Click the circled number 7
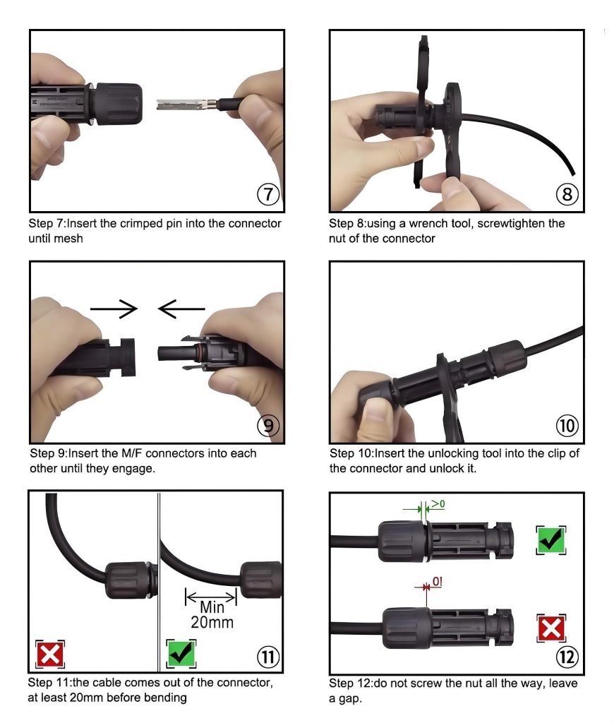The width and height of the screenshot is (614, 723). (267, 194)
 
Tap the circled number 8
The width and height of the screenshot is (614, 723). (567, 194)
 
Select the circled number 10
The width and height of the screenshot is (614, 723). (567, 425)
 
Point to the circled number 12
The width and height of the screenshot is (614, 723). (567, 657)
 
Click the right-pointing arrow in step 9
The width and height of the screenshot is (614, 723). (114, 309)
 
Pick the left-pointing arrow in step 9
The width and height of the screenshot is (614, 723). (181, 309)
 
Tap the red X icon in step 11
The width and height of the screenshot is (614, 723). (50, 654)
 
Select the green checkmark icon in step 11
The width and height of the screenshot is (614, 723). (181, 653)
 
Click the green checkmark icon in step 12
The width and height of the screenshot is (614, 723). (551, 539)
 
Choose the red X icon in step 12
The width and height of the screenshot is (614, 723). (551, 628)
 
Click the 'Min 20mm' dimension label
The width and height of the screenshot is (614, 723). (212, 614)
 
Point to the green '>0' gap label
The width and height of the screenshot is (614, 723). (438, 503)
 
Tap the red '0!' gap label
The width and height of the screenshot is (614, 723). (437, 582)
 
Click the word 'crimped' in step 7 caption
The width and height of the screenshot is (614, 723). (140, 224)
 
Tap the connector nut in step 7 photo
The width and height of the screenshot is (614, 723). (116, 104)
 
